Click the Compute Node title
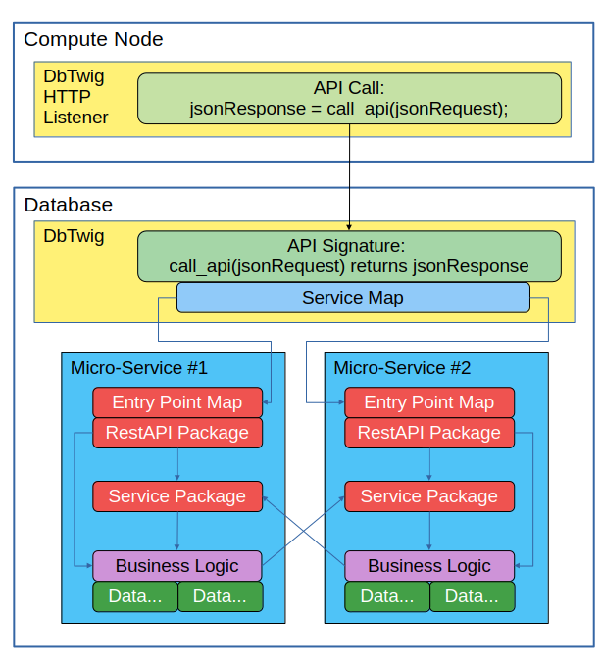93,40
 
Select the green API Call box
349,98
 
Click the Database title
68,205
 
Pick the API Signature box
349,256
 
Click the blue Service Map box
352,298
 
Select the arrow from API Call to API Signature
349,176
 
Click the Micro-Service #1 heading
138,368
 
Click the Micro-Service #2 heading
402,368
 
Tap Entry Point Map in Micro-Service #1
176,402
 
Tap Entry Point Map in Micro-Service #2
428,402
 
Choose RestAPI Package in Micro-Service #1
176,433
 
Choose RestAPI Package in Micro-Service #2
428,433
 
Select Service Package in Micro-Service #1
176,496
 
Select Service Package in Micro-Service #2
428,496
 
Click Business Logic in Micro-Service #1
176,566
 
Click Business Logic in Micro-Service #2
428,566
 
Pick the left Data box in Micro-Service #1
135,596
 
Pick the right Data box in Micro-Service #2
472,596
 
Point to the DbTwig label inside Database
74,236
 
